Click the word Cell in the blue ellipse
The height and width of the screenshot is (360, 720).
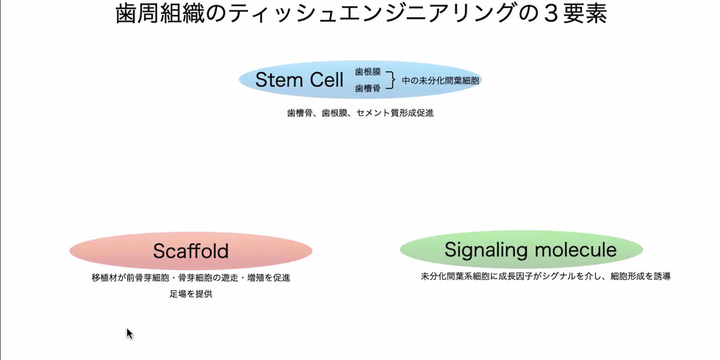(325, 80)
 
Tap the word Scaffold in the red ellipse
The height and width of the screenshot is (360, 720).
(191, 251)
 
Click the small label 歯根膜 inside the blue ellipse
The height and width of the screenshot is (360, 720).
(368, 72)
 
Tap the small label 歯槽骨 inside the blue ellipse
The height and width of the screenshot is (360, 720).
(368, 89)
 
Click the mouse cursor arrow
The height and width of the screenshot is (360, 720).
(130, 333)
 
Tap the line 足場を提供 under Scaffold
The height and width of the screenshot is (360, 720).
(191, 294)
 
